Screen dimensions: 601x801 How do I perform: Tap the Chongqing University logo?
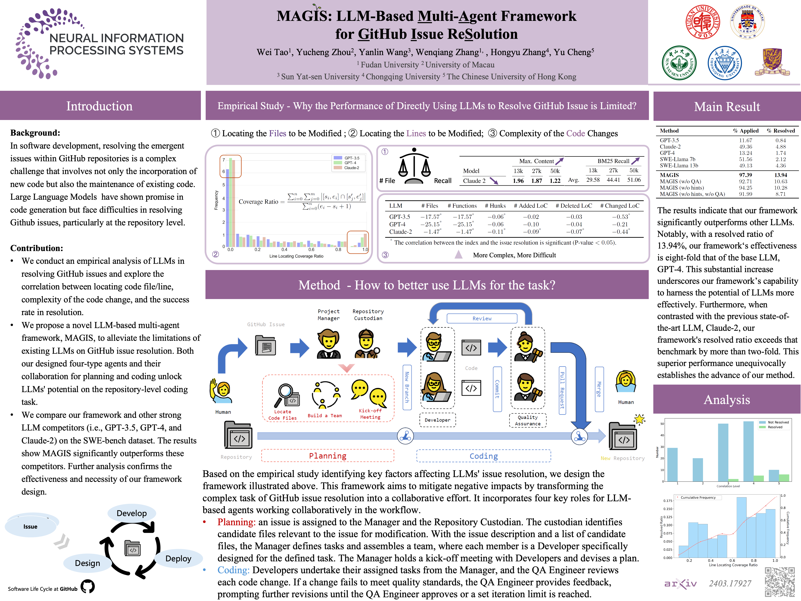point(725,63)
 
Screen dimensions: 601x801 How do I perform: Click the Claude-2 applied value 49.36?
point(745,147)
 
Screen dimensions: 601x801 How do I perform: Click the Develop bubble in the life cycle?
point(132,513)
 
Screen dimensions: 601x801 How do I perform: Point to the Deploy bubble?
point(178,558)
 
